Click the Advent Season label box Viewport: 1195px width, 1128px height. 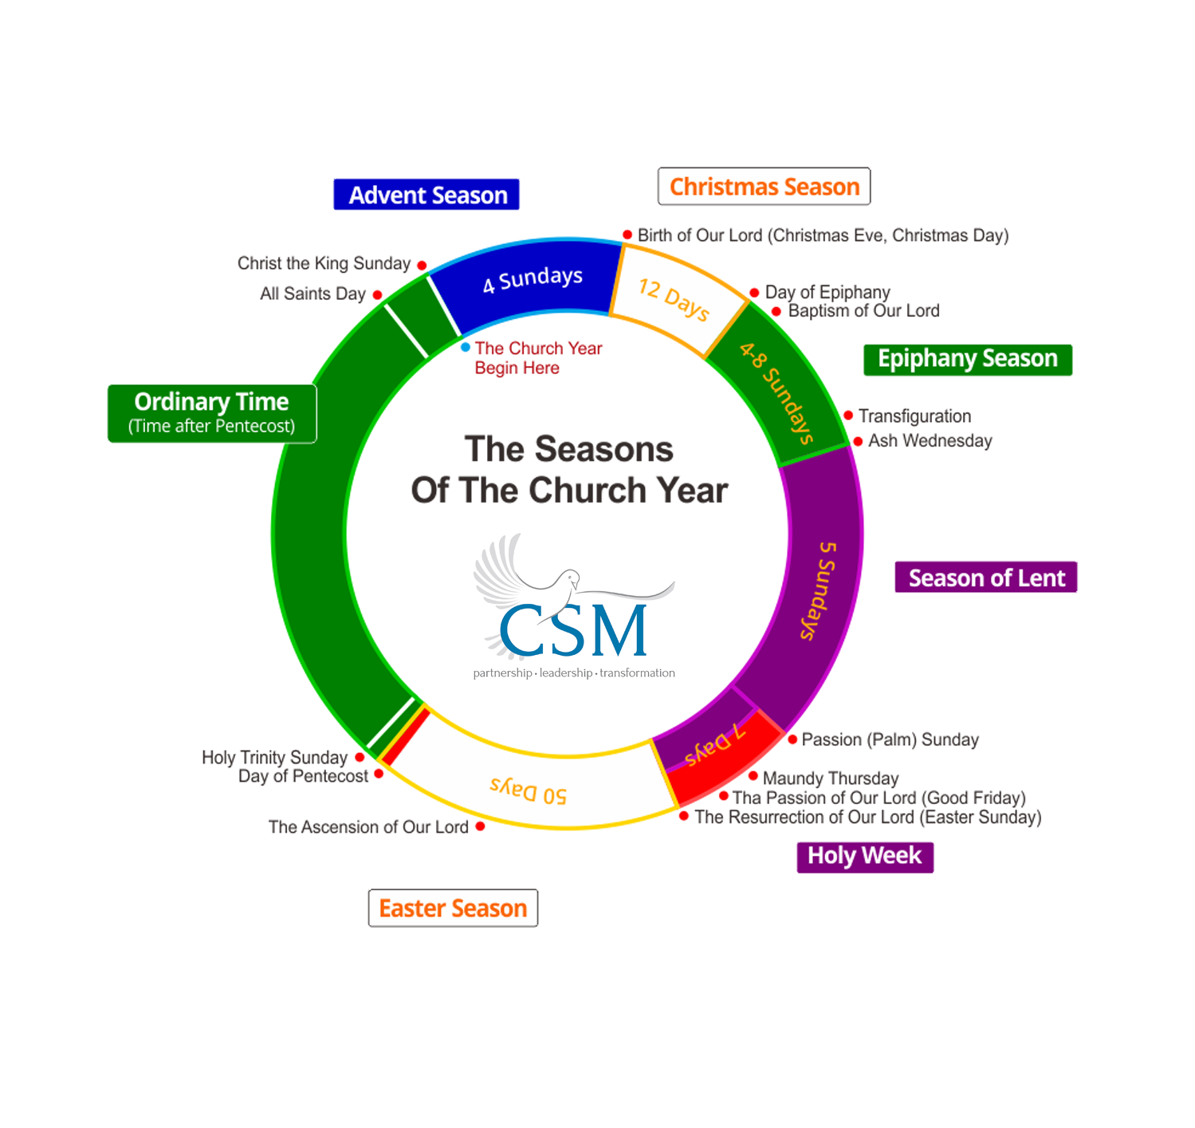(427, 195)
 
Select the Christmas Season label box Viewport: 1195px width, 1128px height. (764, 187)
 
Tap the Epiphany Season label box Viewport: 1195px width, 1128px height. (968, 359)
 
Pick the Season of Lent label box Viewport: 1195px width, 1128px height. (986, 578)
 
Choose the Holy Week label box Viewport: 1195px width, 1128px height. (865, 857)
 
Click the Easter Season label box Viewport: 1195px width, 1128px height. (453, 909)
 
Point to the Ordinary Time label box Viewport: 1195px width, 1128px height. (212, 413)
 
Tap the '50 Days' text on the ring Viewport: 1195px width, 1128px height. (529, 791)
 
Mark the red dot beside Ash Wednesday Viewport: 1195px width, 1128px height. (858, 441)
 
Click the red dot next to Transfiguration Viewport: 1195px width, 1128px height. (848, 416)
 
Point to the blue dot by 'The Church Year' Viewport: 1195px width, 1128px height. (465, 347)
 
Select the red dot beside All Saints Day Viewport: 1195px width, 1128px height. (377, 294)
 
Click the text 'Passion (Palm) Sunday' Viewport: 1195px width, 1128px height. (890, 740)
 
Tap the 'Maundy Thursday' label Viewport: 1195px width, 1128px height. (831, 778)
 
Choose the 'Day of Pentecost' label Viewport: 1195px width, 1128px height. (303, 776)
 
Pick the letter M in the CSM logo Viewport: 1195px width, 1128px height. (612, 630)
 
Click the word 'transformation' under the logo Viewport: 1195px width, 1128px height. (637, 673)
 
